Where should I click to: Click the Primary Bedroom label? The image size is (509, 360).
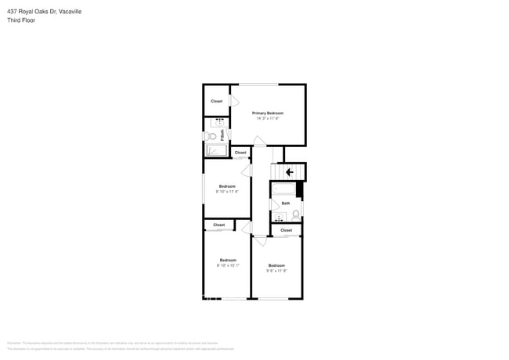coord(267,113)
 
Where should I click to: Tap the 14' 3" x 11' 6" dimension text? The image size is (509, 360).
coord(267,118)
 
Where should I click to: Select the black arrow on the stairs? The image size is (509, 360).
coord(289,172)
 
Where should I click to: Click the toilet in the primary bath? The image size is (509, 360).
coord(210,136)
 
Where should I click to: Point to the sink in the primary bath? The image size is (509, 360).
coord(218,122)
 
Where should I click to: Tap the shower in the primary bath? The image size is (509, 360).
coord(215,151)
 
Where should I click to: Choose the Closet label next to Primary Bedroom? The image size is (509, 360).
coord(216,101)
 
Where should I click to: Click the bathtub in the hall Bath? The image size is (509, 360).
coord(283,189)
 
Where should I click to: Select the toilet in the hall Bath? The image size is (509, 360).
coord(296,214)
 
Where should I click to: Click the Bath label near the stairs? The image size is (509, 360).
coord(286,203)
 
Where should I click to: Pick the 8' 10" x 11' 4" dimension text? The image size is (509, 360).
coord(227,191)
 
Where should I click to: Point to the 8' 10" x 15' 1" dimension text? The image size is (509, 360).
coord(228,265)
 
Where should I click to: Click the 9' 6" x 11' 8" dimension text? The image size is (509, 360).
coord(276,271)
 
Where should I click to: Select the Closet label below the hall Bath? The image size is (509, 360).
coord(286,230)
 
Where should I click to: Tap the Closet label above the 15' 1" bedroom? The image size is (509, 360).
coord(218,225)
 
